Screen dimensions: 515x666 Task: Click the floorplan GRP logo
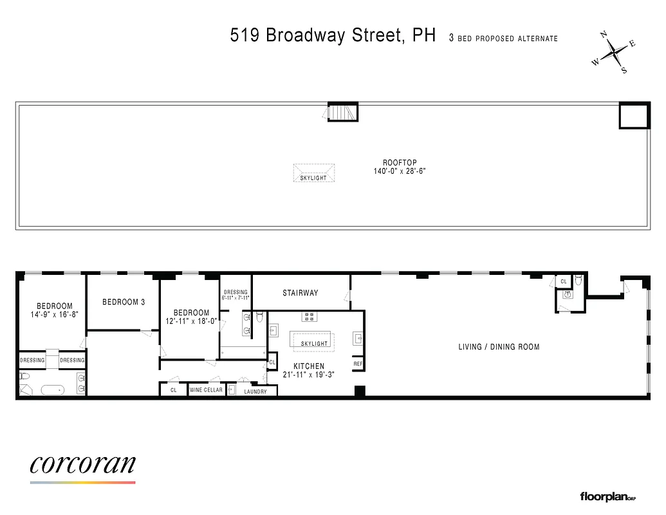[x=607, y=496]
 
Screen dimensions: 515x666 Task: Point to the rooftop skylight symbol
[x=314, y=173]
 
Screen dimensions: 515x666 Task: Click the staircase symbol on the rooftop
[x=342, y=112]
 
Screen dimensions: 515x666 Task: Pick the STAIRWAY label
[x=301, y=293]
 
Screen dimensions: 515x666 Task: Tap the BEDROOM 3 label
[x=124, y=302]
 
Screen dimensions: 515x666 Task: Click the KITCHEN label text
[x=310, y=366]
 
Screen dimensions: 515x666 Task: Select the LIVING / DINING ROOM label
[x=499, y=347]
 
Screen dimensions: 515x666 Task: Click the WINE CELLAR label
[x=207, y=390]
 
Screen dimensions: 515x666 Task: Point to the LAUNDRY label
[x=255, y=391]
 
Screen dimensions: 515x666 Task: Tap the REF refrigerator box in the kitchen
[x=358, y=364]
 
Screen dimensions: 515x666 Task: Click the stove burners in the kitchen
[x=310, y=316]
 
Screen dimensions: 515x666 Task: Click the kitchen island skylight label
[x=314, y=343]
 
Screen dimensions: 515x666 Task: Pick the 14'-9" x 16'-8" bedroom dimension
[x=54, y=315]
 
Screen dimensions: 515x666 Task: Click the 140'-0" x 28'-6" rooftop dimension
[x=400, y=171]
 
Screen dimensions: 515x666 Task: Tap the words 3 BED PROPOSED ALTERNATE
[x=503, y=39]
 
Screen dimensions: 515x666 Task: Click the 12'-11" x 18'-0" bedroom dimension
[x=191, y=321]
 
